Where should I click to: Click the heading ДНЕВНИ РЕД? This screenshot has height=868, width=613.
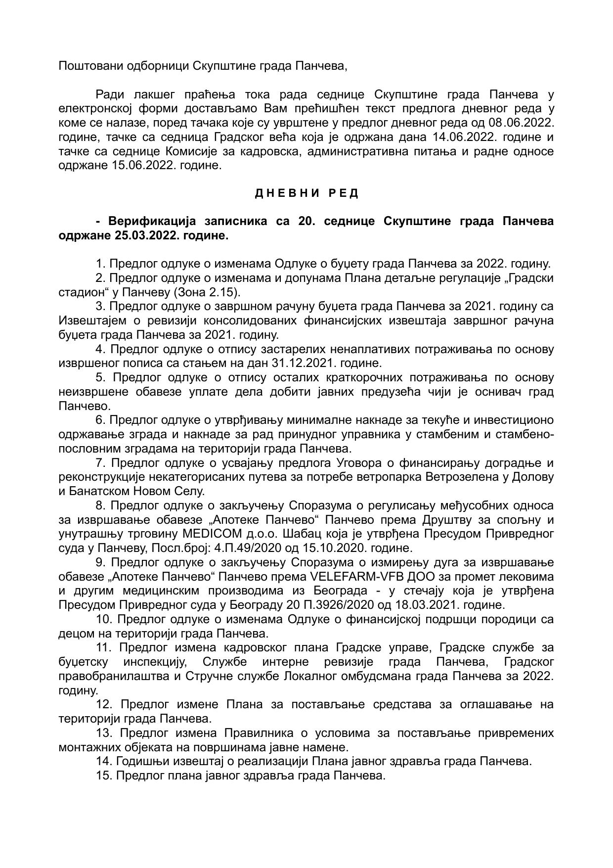[x=306, y=193]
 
